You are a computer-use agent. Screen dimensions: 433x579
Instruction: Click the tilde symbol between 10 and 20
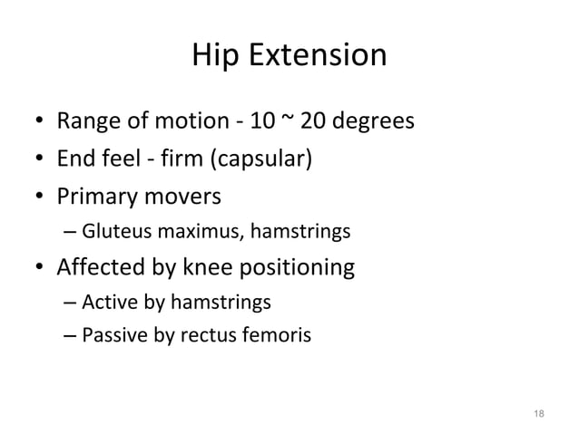[x=295, y=118]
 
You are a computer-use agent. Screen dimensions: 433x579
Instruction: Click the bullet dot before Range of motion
[x=40, y=120]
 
